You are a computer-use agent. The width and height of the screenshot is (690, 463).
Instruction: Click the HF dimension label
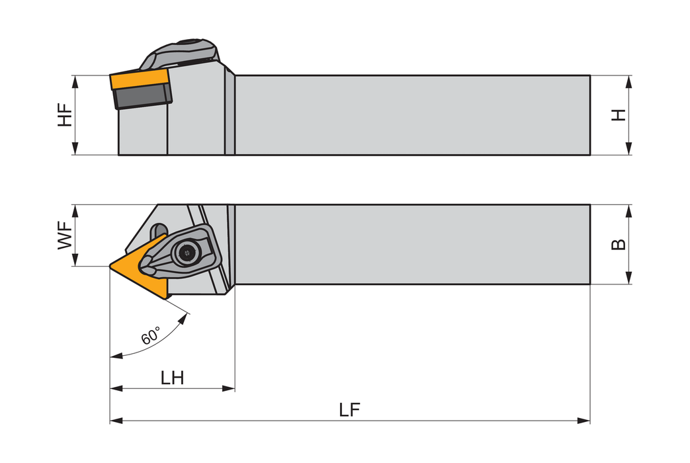(65, 115)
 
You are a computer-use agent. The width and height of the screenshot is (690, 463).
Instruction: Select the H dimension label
(619, 115)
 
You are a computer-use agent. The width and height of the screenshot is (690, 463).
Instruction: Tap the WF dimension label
(65, 235)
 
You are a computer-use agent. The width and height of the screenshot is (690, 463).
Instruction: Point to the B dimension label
(619, 244)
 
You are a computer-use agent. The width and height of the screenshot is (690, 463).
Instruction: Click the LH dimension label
(172, 378)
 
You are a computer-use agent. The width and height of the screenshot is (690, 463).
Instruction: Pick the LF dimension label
(349, 409)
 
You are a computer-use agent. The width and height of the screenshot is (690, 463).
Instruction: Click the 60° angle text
(151, 336)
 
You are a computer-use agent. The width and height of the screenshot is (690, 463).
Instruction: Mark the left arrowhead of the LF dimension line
(116, 421)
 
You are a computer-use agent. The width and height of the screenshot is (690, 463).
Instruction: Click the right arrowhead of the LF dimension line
(583, 421)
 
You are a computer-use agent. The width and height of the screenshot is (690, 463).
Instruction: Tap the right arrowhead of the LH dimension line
(228, 389)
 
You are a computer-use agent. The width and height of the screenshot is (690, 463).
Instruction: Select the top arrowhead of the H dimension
(629, 82)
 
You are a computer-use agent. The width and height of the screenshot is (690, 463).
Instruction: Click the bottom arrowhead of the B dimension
(629, 278)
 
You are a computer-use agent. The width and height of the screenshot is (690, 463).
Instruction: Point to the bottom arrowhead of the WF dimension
(75, 260)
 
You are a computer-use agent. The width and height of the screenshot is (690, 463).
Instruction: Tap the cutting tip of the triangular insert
(110, 266)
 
